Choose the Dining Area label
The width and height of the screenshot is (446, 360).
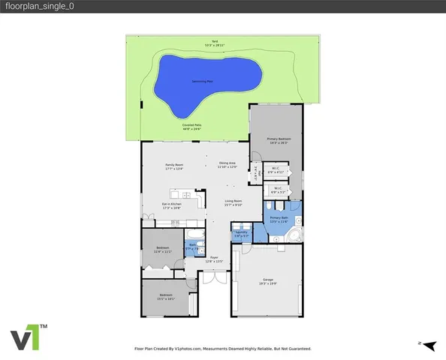[228, 165]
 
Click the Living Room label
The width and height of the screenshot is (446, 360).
[233, 202]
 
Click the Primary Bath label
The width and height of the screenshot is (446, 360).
[279, 220]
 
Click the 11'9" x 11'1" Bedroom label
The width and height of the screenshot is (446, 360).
[162, 249]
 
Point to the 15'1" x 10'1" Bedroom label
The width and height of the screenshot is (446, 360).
[166, 296]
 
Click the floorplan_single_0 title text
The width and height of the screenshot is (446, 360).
[38, 6]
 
